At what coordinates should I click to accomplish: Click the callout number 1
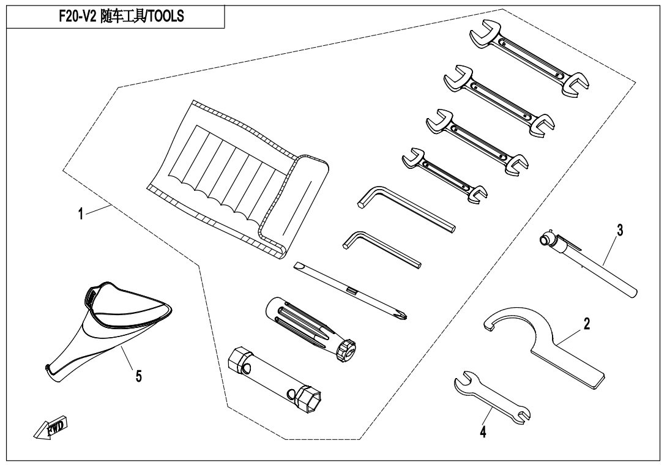[x=81, y=214]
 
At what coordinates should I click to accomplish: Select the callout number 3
[x=620, y=230]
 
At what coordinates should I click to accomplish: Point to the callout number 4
[x=483, y=432]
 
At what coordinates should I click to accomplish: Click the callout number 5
[x=139, y=376]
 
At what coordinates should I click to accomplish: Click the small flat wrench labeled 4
[x=493, y=397]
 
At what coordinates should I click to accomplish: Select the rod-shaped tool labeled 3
[x=589, y=263]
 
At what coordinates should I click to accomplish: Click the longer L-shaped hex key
[x=407, y=209]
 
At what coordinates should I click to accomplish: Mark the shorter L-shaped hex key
[x=382, y=249]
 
